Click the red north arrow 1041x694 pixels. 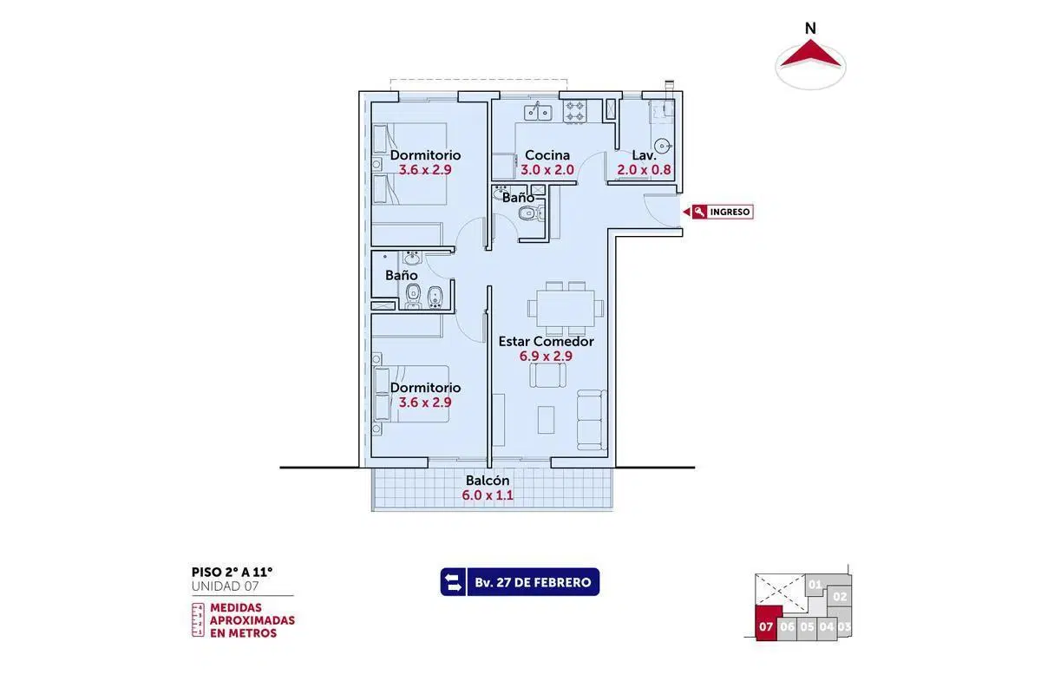point(810,56)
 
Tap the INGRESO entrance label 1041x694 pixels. point(730,212)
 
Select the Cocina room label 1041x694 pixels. point(547,154)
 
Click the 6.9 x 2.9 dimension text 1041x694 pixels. point(546,356)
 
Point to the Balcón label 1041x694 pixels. point(488,481)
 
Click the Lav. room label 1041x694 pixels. point(644,154)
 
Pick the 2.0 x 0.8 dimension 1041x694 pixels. point(644,170)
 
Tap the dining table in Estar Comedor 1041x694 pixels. point(565,308)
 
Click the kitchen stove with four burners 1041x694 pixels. point(574,112)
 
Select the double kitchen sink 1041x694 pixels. point(538,112)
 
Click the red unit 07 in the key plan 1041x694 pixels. point(768,624)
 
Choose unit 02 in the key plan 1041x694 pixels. point(840,596)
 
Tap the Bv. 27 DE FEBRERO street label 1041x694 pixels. point(533,582)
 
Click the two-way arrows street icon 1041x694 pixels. point(453,582)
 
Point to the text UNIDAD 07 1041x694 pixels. point(225,586)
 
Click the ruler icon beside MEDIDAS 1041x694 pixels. point(198,620)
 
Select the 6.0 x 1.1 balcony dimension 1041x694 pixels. point(488,495)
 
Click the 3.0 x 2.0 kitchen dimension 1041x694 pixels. point(547,170)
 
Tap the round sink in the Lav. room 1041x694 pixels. point(663,146)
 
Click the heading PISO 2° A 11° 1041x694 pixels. point(232,572)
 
